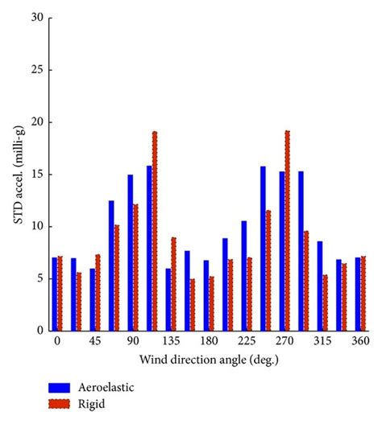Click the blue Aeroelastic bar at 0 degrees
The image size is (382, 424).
point(55,294)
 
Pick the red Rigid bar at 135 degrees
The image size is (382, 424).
point(173,284)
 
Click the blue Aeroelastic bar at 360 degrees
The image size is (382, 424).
point(358,294)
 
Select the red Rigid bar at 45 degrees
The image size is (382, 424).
point(98,293)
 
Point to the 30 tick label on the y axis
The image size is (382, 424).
point(31,17)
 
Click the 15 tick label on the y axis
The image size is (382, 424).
point(31,174)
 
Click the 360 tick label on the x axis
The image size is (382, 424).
point(360,342)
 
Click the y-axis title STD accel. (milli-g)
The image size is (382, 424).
point(14,173)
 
